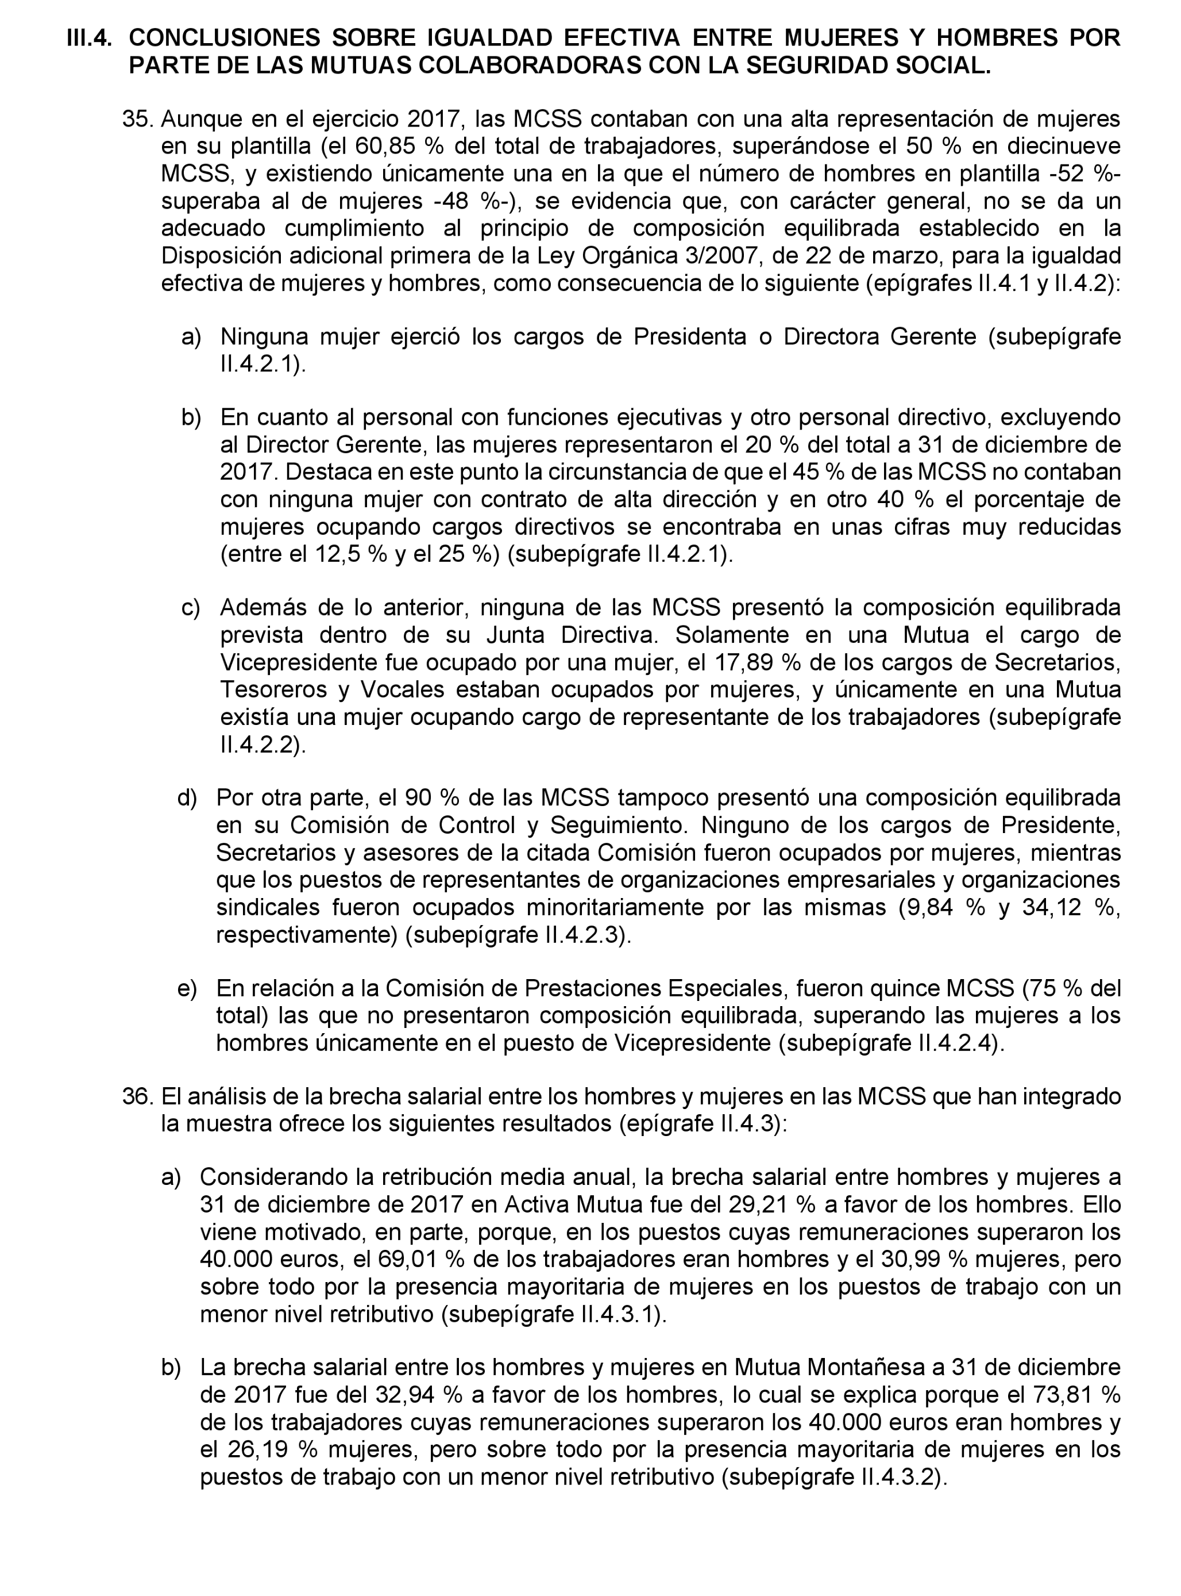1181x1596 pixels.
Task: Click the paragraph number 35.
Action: pos(138,120)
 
